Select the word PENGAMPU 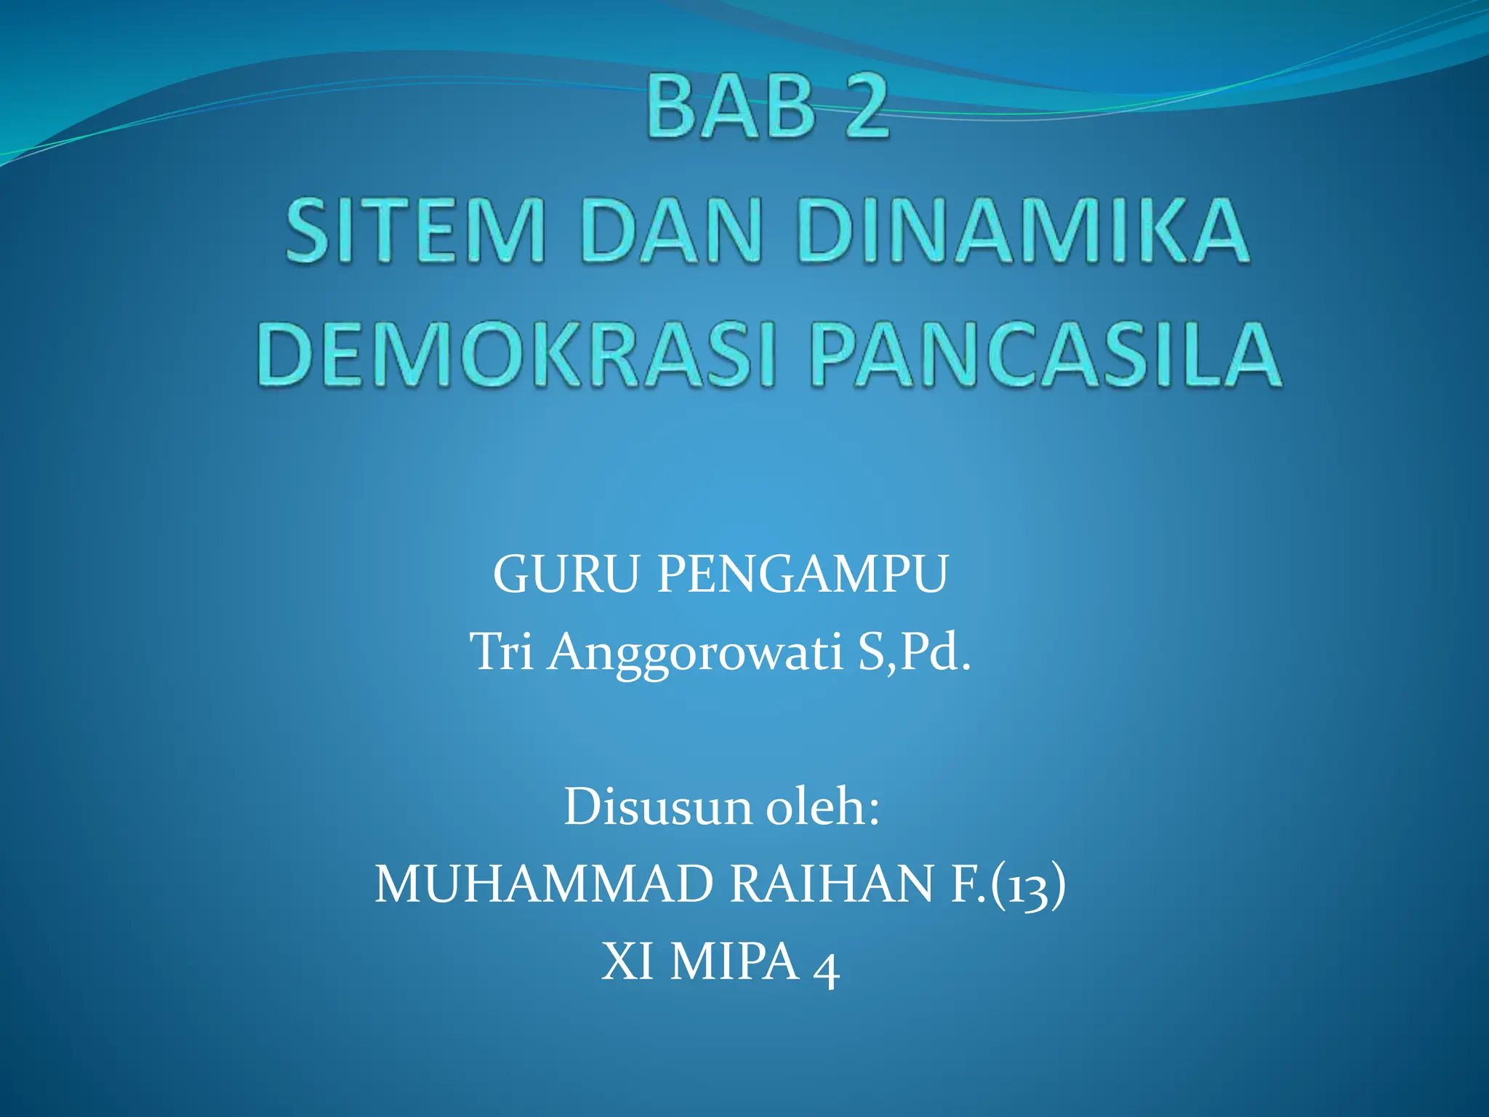(x=803, y=574)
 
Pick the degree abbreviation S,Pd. (x=914, y=652)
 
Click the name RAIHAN (x=831, y=884)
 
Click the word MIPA (x=734, y=961)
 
